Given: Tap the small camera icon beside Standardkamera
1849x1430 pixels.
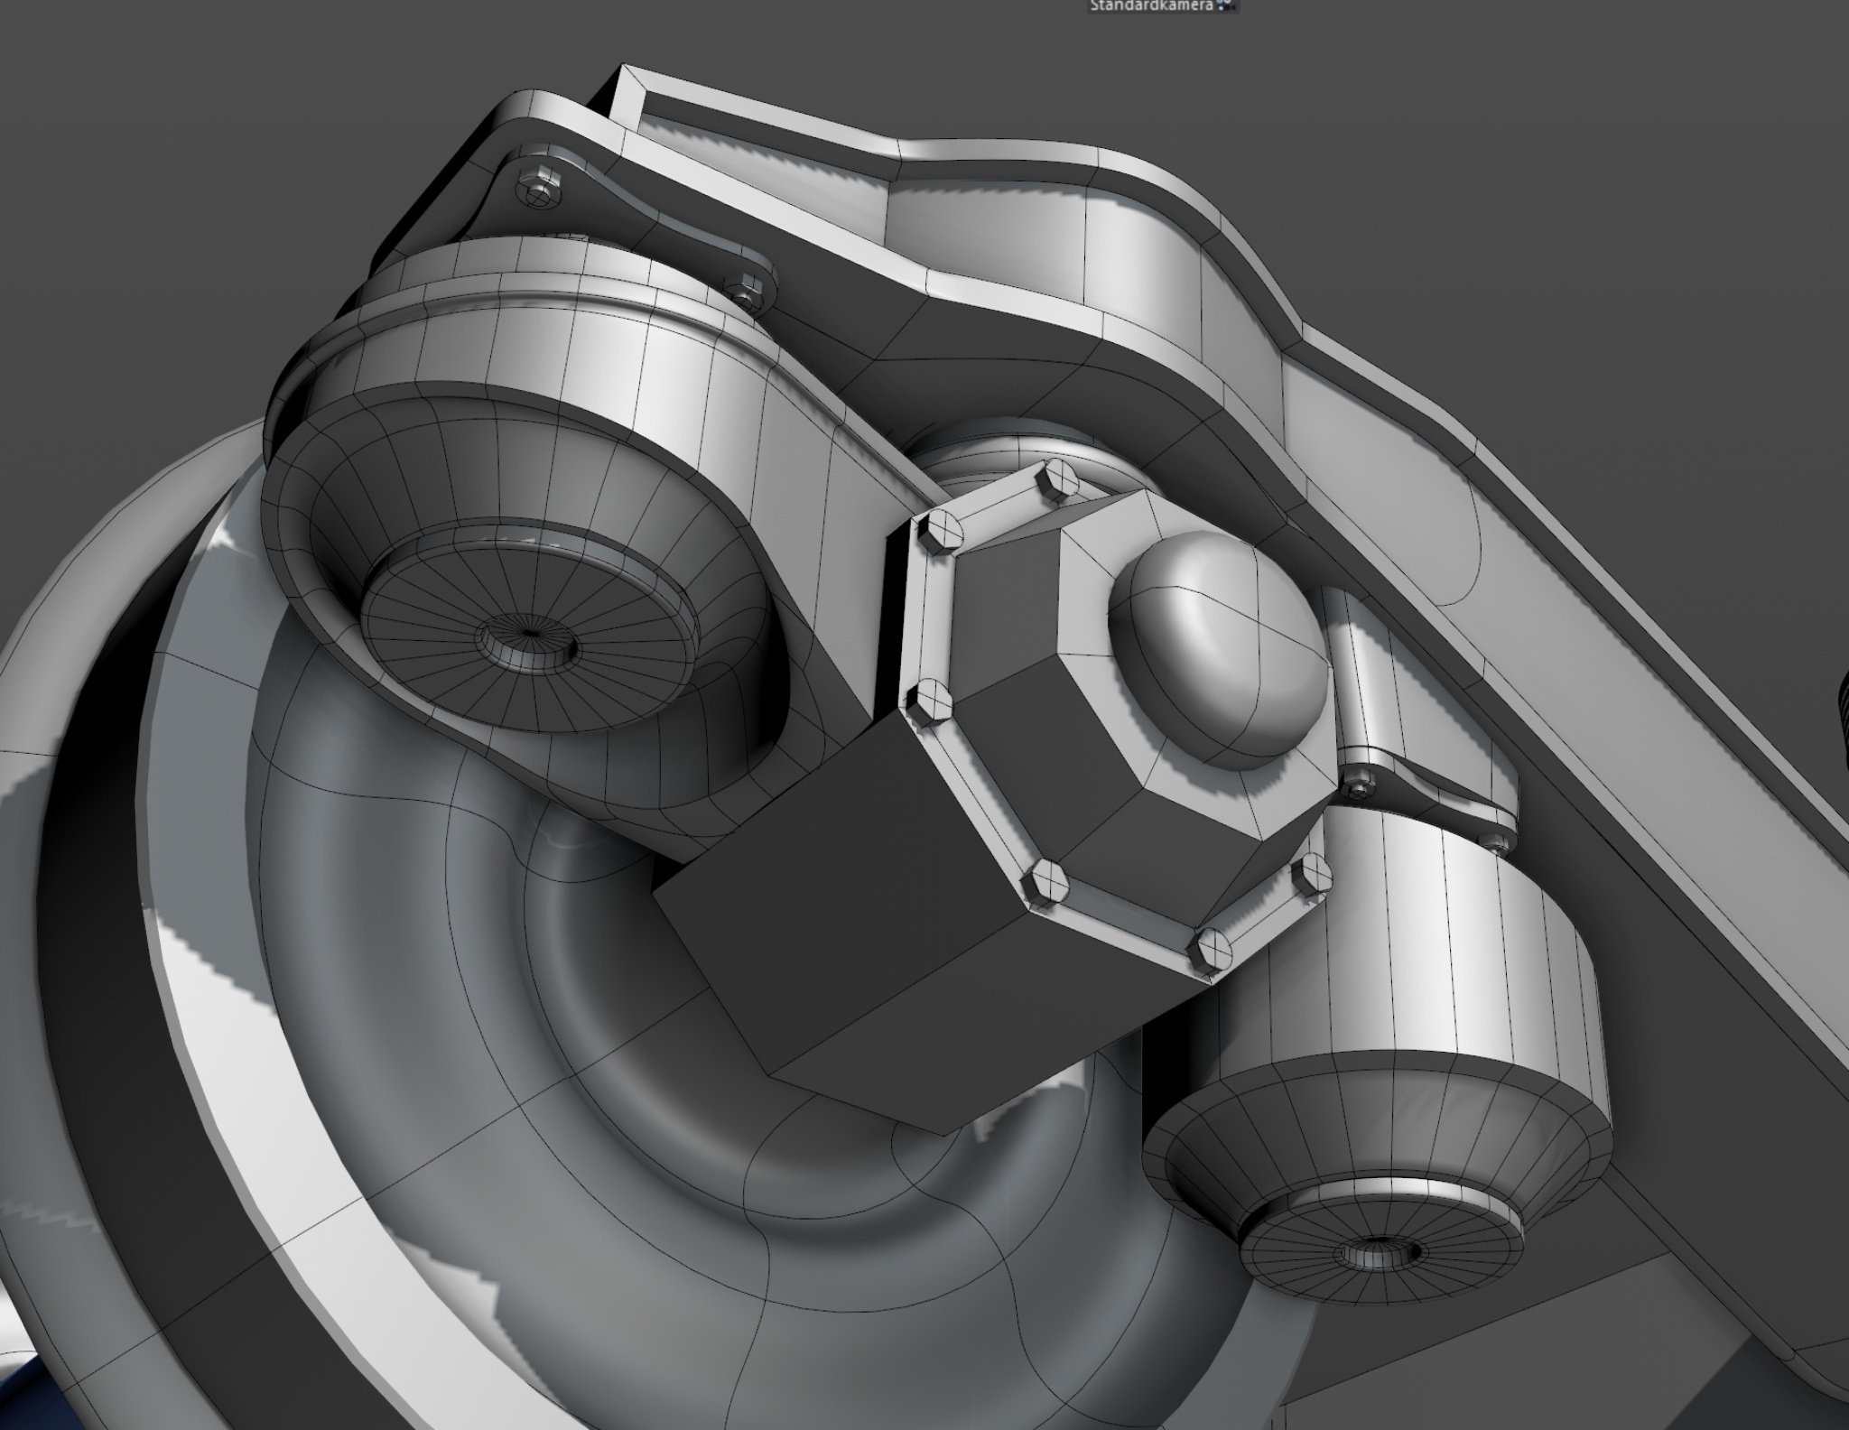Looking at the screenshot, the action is point(1224,5).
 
